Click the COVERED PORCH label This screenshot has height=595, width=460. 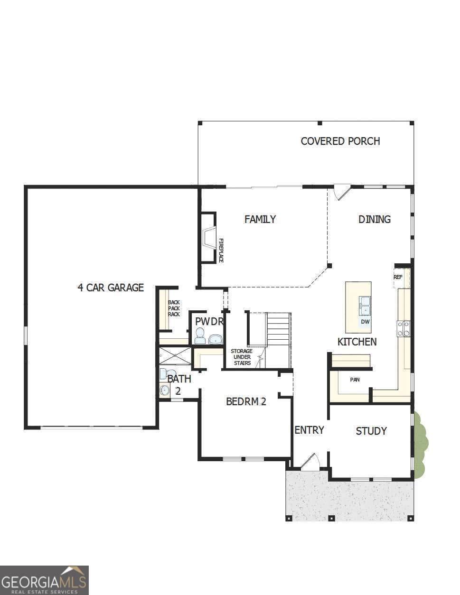340,141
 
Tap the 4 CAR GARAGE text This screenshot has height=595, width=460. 111,288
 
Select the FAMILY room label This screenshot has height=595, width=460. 260,219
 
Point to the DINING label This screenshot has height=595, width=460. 374,219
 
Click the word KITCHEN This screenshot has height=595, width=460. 357,342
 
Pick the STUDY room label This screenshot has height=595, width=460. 371,431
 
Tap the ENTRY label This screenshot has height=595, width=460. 309,430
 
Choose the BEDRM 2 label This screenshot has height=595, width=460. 246,402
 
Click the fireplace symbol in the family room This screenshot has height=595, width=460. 209,238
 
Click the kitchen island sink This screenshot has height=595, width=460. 365,306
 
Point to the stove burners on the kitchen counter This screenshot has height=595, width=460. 404,329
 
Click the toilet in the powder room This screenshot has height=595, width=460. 200,336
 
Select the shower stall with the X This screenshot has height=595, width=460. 175,356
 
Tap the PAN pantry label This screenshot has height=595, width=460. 355,380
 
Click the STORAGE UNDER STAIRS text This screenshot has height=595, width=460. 241,357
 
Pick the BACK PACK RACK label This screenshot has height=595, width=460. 174,308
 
